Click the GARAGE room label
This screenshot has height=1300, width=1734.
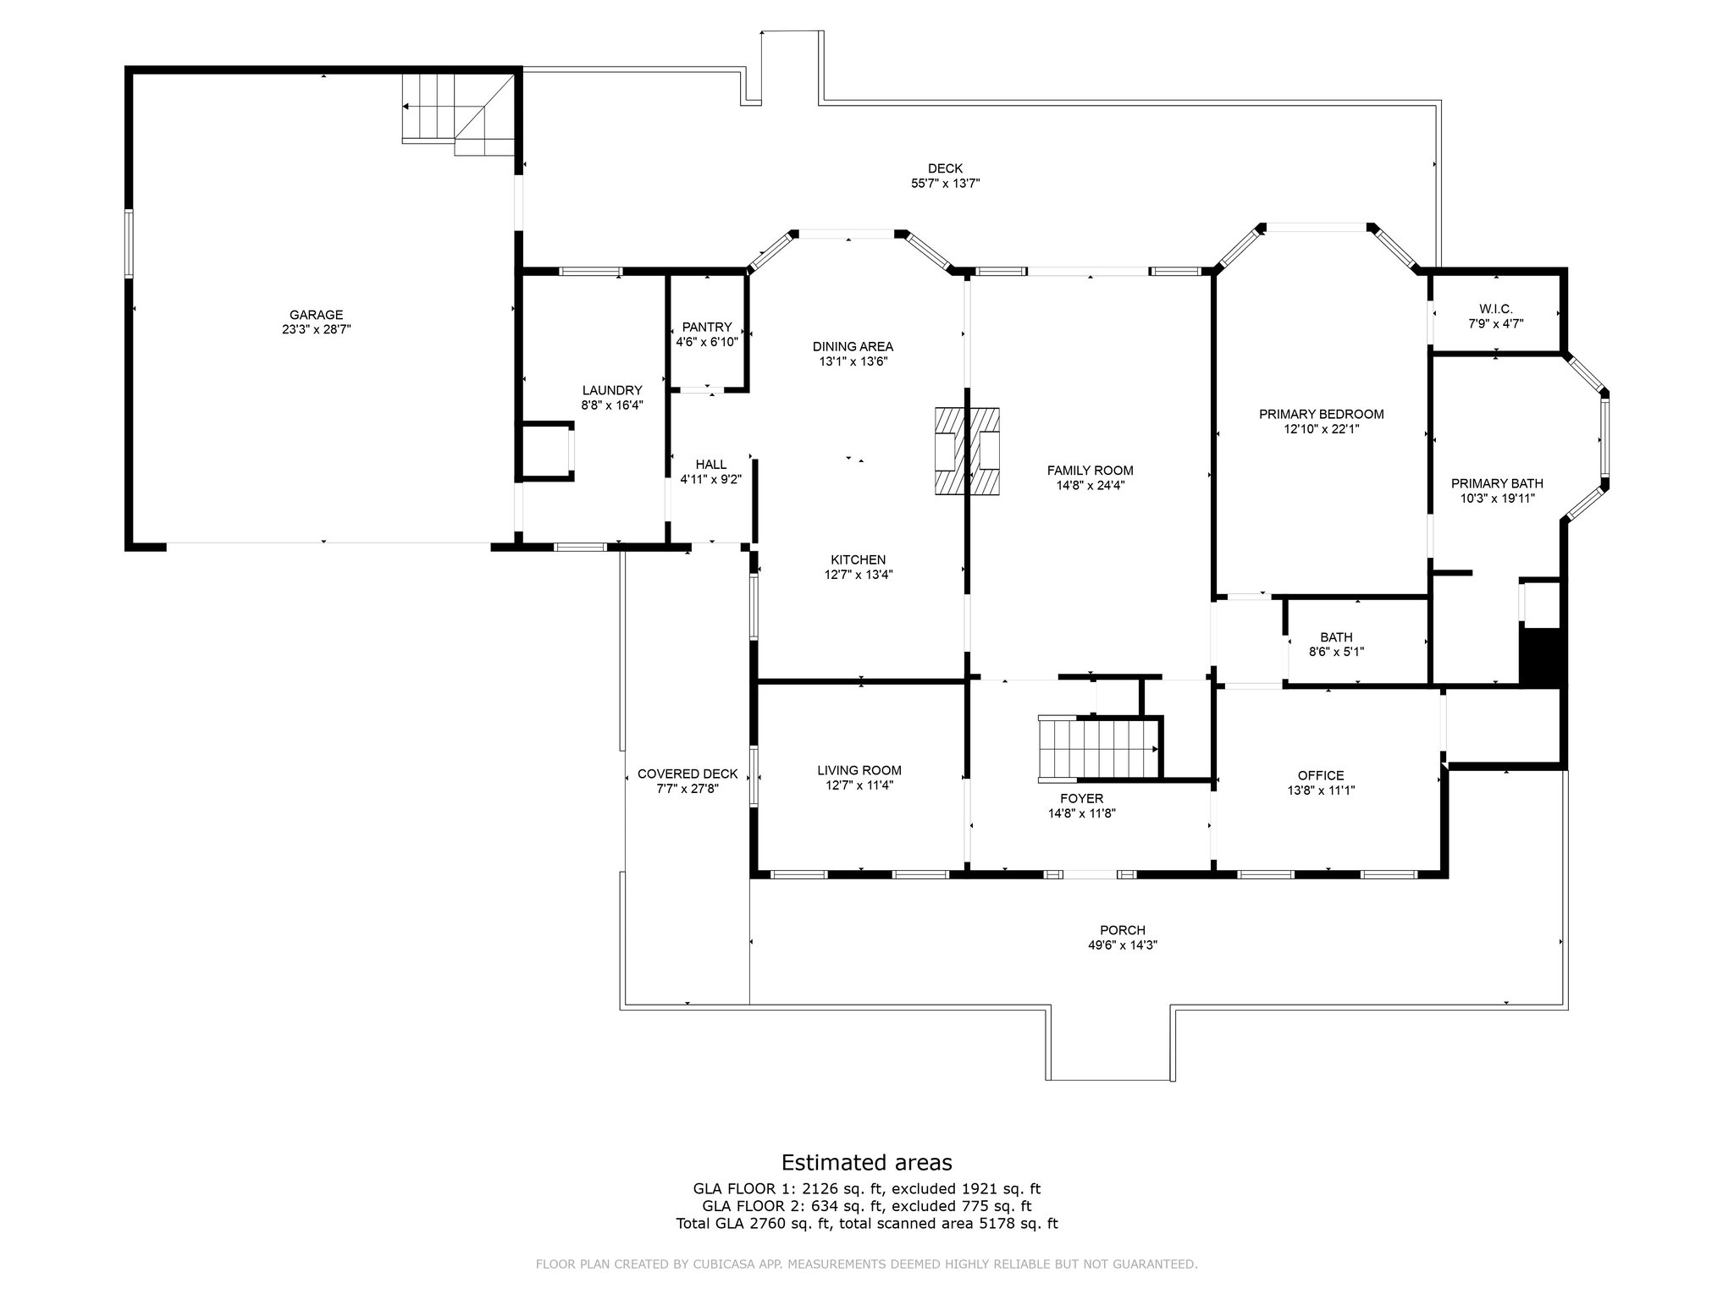click(x=316, y=315)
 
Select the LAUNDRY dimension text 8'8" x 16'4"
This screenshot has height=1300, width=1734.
click(x=612, y=405)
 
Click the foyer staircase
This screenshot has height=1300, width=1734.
click(x=1098, y=747)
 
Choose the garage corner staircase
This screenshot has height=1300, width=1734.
click(x=457, y=114)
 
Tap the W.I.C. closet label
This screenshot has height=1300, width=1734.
click(x=1496, y=309)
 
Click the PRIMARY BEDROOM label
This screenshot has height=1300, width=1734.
click(x=1321, y=415)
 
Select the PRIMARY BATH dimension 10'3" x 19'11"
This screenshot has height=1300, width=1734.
click(x=1497, y=499)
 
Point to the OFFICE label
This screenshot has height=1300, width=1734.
click(x=1321, y=776)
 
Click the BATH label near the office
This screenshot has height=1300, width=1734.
click(x=1336, y=637)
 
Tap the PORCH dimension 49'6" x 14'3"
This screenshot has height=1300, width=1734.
click(x=1123, y=945)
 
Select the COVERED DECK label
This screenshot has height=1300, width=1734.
click(x=688, y=774)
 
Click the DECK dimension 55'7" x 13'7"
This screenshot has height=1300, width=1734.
click(x=945, y=183)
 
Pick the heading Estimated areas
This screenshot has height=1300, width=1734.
click(x=867, y=1162)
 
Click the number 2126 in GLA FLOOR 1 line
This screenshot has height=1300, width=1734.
click(x=819, y=1189)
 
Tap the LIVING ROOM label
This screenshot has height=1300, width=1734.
click(x=859, y=770)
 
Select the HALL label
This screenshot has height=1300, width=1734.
click(x=711, y=465)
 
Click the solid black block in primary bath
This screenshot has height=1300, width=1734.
click(x=1540, y=655)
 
